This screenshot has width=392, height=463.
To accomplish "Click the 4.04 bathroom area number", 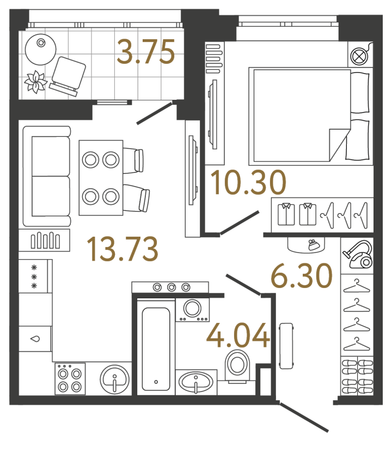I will tap(238, 335).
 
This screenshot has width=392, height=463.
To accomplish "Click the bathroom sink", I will tap(196, 381).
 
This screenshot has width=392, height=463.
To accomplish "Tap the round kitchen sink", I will tap(115, 378).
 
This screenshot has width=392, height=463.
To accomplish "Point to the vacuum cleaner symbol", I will tap(357, 255).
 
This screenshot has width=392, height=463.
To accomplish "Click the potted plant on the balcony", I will tap(36, 82).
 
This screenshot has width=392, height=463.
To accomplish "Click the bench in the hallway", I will tap(286, 346).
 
